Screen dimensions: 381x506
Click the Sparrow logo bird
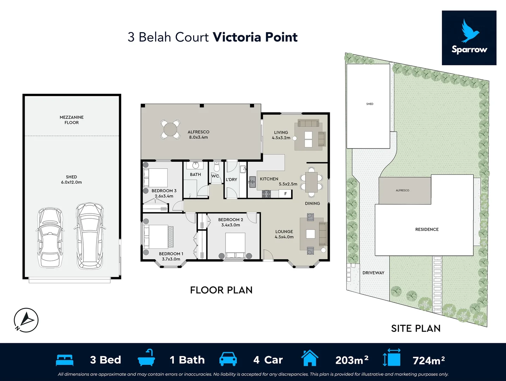click(470, 31)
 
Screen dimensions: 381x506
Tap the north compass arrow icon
click(26, 320)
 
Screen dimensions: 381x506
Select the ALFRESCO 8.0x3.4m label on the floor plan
click(198, 134)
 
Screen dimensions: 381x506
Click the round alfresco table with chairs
click(171, 129)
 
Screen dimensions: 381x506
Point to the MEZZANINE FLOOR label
click(72, 120)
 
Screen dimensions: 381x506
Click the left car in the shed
click(50, 238)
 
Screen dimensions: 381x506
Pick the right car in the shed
click(90, 236)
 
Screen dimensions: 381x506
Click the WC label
click(215, 176)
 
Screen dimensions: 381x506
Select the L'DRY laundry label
click(232, 180)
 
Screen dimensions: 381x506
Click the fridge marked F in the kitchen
click(285, 194)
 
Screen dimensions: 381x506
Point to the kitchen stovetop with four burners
click(266, 194)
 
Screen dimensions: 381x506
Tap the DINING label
click(312, 204)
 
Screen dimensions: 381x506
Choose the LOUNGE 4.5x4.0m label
click(284, 234)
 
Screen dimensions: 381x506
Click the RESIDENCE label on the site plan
click(427, 229)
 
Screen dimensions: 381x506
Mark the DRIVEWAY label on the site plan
click(373, 273)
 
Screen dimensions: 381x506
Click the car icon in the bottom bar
click(228, 359)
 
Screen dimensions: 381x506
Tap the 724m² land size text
click(428, 360)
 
